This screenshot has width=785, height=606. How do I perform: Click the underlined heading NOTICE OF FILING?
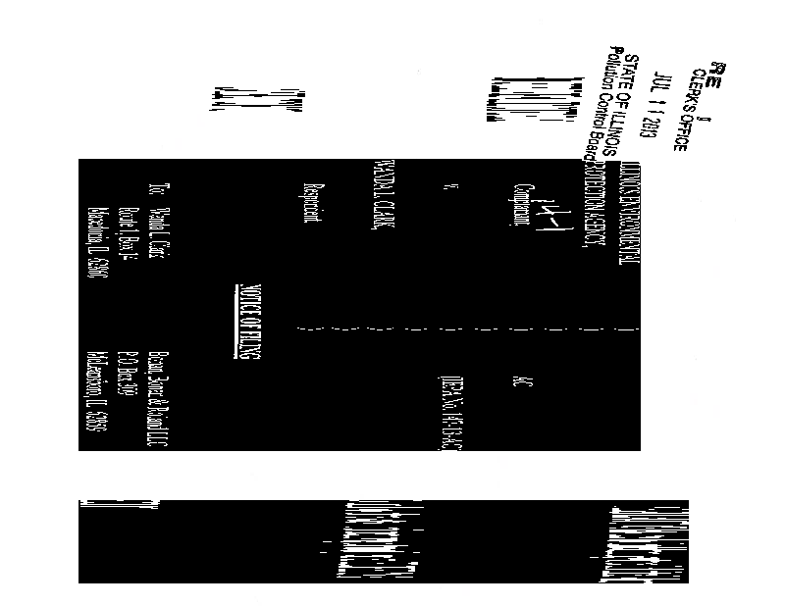pos(246,323)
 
